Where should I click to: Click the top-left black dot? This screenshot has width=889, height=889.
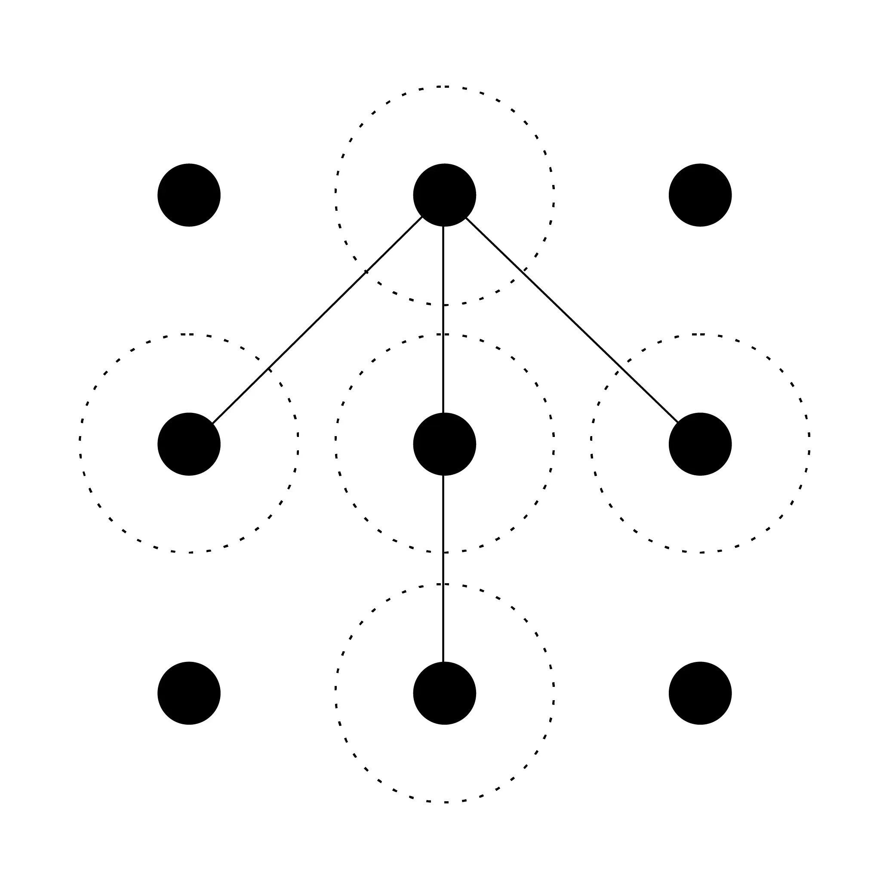point(189,195)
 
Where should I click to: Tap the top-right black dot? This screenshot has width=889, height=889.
point(700,195)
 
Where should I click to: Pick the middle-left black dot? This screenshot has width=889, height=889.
point(189,444)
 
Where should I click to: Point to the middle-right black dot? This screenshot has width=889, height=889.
point(700,444)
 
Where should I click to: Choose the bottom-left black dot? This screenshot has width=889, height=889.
point(189,693)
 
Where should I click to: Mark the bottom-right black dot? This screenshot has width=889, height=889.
point(700,693)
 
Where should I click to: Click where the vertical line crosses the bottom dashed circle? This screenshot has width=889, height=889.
point(443,584)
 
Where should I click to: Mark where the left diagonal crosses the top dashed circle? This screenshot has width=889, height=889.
point(366,272)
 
